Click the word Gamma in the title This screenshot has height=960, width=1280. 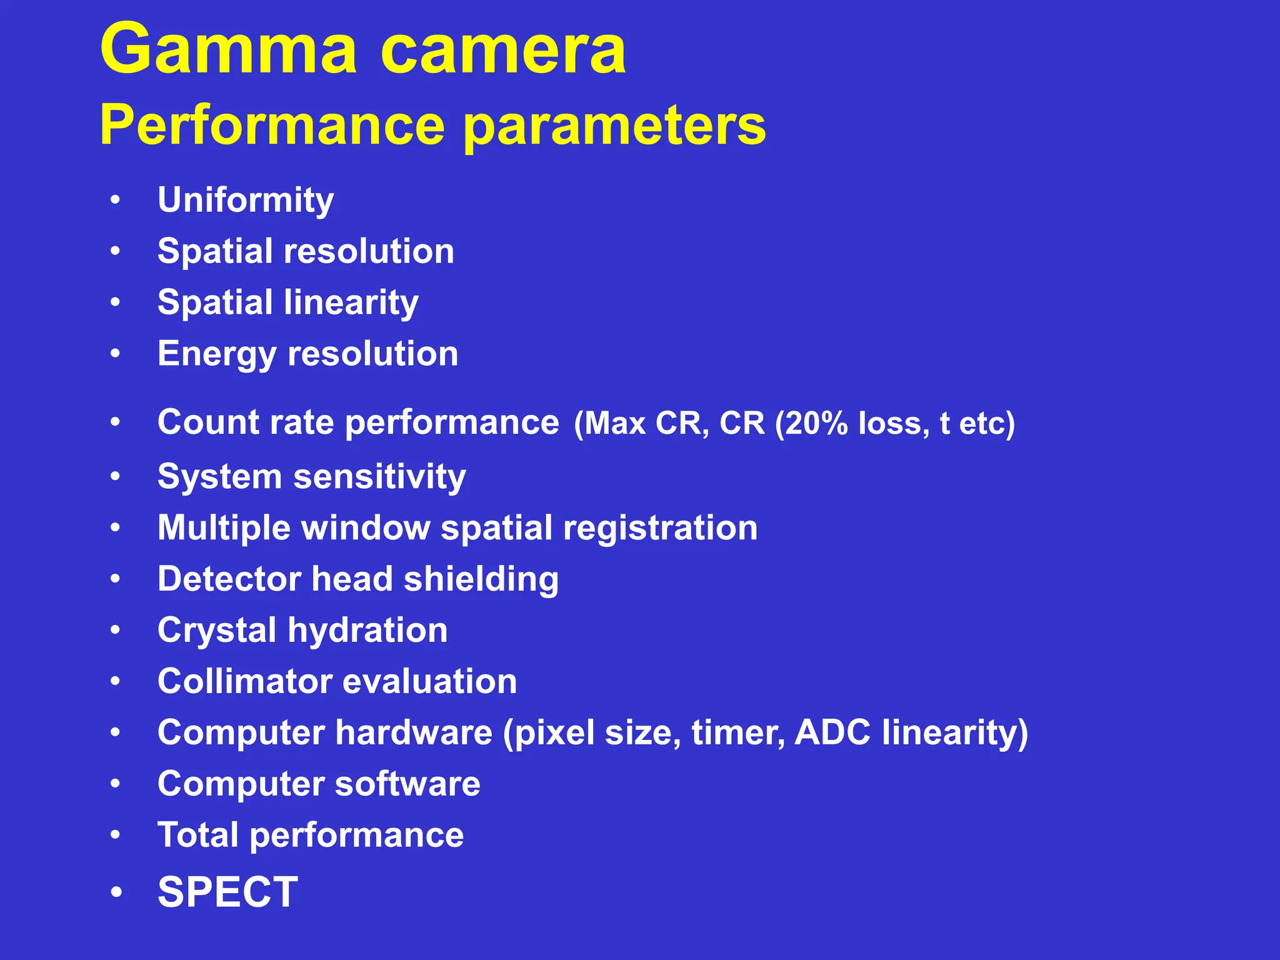229,50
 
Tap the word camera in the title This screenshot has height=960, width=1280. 502,50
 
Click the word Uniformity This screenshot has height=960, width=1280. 246,201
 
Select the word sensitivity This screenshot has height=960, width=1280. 379,477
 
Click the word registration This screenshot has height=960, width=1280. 661,528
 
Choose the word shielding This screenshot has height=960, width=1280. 481,579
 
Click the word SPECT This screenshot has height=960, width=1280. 228,892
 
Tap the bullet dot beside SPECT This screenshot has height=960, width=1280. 116,892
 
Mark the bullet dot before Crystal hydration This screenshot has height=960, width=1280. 116,631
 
